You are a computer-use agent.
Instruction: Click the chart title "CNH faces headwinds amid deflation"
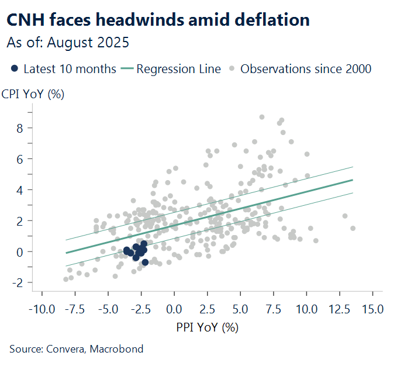(x=158, y=20)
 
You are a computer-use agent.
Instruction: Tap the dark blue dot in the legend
(x=15, y=69)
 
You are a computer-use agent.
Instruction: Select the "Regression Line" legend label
(x=178, y=69)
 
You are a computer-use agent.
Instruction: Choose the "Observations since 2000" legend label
(x=306, y=69)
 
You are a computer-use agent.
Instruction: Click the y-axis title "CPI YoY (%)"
(x=33, y=94)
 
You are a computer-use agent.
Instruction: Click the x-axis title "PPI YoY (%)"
(x=208, y=327)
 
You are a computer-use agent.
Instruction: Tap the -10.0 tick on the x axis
(x=41, y=308)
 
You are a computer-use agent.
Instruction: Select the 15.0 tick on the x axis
(x=372, y=308)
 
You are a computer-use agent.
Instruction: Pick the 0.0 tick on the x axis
(x=174, y=308)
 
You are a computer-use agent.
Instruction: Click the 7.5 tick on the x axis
(x=273, y=308)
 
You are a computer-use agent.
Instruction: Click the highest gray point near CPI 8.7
(x=262, y=118)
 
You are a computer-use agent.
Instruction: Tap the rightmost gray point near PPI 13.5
(x=353, y=229)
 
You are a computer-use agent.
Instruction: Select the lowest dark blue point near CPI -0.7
(x=145, y=263)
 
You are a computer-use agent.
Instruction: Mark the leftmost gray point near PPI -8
(x=66, y=279)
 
